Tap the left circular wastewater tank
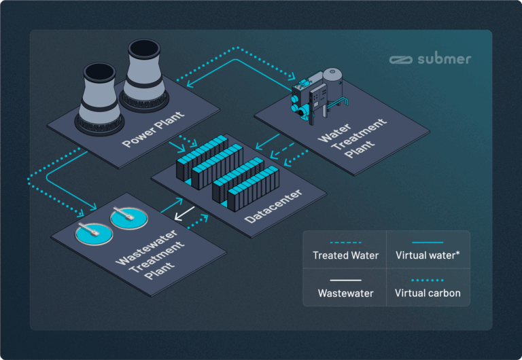point(92,234)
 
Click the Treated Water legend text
point(345,256)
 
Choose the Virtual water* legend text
point(428,256)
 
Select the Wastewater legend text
point(345,293)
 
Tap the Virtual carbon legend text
point(428,293)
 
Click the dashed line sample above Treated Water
point(345,242)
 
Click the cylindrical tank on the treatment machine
point(334,81)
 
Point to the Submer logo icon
point(400,59)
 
